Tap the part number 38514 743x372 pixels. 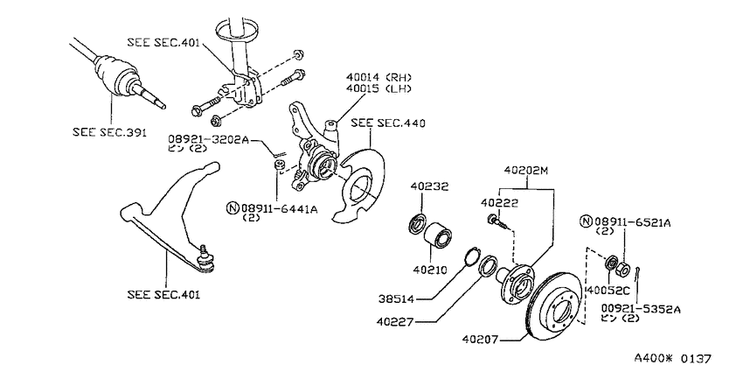click(x=397, y=299)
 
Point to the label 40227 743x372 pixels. click(x=396, y=322)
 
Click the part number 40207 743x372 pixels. click(x=480, y=340)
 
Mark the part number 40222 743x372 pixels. click(x=499, y=203)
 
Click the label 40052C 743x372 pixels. click(x=609, y=289)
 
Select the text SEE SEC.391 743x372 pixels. click(x=110, y=132)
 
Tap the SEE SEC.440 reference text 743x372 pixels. click(x=388, y=123)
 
